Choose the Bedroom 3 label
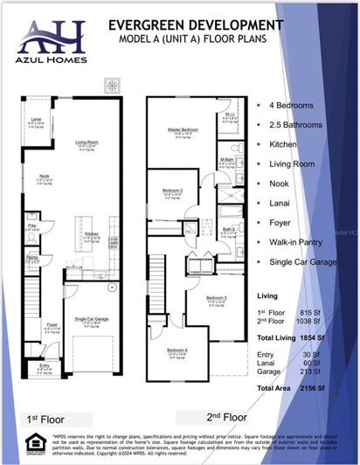coord(216,299)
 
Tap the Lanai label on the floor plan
coord(37,118)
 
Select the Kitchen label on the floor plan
coord(92,232)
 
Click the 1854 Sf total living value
coord(308,337)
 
